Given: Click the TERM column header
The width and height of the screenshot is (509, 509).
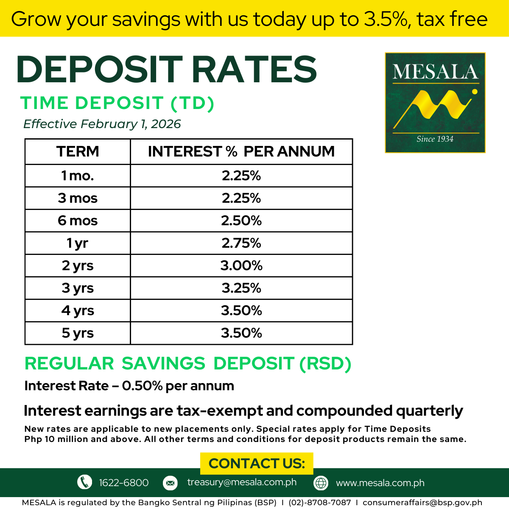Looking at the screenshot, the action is pyautogui.click(x=78, y=151).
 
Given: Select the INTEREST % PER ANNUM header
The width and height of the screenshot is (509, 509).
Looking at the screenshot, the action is pyautogui.click(x=241, y=151).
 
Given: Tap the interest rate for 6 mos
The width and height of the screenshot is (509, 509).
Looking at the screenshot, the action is pyautogui.click(x=241, y=221).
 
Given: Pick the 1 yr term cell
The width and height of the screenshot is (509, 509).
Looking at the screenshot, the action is pyautogui.click(x=77, y=243).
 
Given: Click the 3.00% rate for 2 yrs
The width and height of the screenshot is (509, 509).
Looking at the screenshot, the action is pyautogui.click(x=241, y=266).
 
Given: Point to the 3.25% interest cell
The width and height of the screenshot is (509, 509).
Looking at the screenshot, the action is pyautogui.click(x=241, y=288).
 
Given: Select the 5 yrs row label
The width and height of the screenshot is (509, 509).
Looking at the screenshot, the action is pyautogui.click(x=78, y=333).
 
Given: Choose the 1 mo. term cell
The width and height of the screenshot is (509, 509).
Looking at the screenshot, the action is pyautogui.click(x=77, y=176).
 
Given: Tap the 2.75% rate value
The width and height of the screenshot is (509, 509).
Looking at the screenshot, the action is pyautogui.click(x=241, y=243).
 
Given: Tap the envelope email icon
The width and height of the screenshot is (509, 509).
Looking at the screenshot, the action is pyautogui.click(x=170, y=483).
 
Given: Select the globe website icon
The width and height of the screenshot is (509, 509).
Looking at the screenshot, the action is pyautogui.click(x=321, y=483).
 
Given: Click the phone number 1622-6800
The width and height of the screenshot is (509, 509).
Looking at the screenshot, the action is pyautogui.click(x=123, y=483).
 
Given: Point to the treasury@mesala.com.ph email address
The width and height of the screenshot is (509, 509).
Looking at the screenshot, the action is pyautogui.click(x=242, y=482).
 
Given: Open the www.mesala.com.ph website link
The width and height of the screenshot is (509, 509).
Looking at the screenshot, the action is pyautogui.click(x=380, y=483).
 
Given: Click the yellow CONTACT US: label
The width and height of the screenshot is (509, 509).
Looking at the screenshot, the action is pyautogui.click(x=257, y=463).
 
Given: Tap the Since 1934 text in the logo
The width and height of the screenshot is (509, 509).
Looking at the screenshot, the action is pyautogui.click(x=435, y=139).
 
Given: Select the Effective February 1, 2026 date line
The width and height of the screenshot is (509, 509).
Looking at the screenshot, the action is pyautogui.click(x=102, y=124).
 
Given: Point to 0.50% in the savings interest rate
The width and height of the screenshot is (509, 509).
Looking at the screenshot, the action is pyautogui.click(x=143, y=386).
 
